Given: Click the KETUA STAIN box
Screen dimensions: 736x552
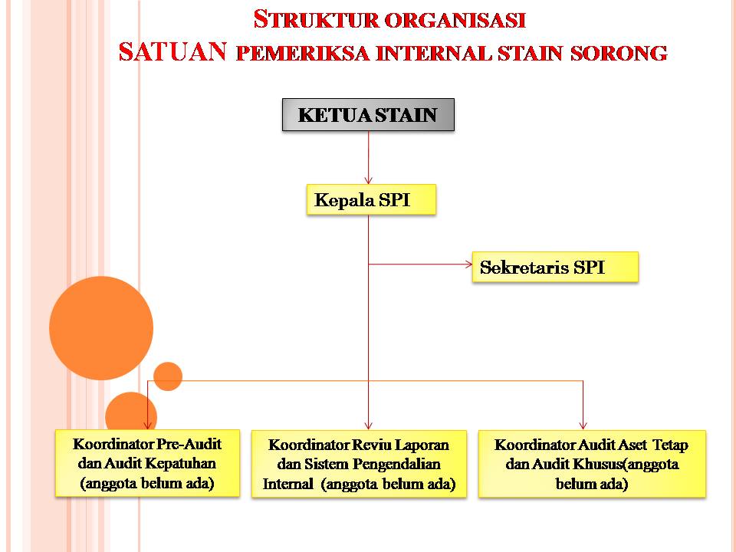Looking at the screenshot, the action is [368, 114].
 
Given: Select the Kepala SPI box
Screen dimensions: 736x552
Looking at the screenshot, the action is [371, 200].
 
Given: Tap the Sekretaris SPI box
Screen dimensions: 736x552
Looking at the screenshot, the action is [555, 267].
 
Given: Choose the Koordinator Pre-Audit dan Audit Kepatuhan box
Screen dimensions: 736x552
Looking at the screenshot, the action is [147, 463].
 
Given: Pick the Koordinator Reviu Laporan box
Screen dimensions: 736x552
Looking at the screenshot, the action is [359, 464].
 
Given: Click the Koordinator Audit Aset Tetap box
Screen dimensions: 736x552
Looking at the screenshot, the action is [592, 464].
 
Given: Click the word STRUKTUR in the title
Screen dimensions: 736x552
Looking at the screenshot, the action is [316, 20].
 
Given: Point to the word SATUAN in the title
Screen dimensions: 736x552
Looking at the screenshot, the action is [172, 51].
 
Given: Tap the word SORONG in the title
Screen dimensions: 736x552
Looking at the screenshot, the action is [619, 53].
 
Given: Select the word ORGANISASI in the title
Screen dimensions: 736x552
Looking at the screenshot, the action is [455, 21].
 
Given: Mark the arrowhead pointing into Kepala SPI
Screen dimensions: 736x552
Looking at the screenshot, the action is [369, 180].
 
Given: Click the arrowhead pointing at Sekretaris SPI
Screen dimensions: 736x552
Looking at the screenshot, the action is [468, 264].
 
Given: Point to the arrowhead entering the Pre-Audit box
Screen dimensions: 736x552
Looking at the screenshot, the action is [148, 426].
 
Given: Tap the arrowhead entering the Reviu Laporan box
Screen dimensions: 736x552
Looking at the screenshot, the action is [369, 426].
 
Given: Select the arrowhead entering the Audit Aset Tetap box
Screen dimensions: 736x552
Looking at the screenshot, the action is [583, 426].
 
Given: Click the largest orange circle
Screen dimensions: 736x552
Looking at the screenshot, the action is [101, 328].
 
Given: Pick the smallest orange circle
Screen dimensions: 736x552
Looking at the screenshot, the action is [168, 376].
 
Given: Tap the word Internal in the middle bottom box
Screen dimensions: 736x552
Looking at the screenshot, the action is [287, 484].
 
